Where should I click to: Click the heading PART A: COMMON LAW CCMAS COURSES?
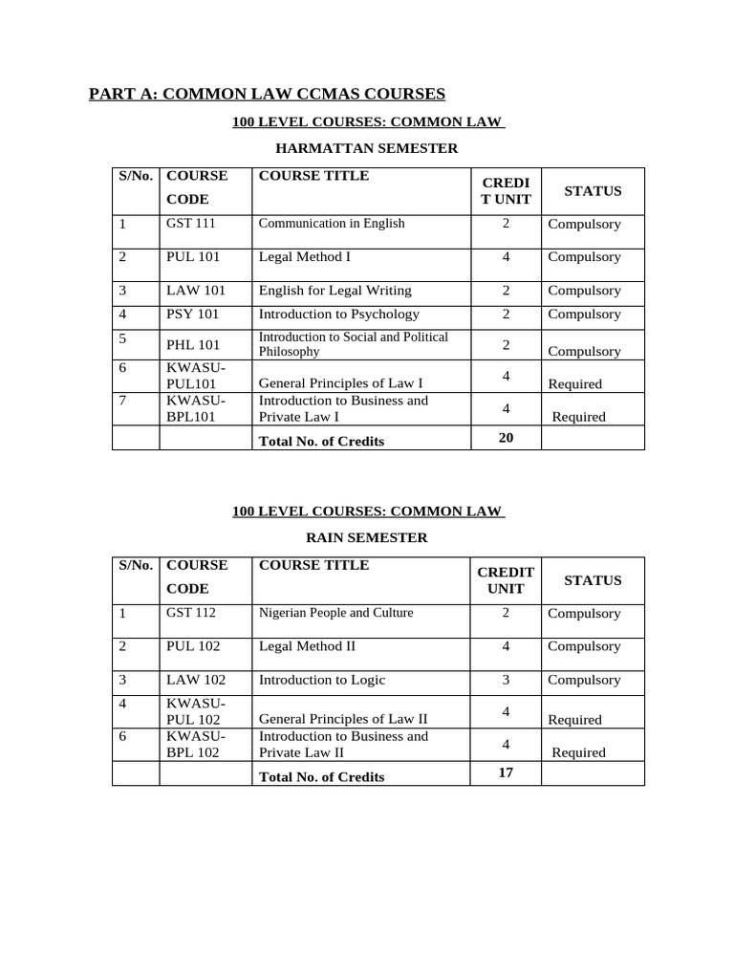pos(268,94)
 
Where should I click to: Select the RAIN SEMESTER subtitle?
pos(367,537)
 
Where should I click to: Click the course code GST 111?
pos(191,224)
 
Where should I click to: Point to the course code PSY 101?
pos(193,315)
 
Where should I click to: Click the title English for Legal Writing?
pos(335,291)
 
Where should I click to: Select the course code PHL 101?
pos(194,345)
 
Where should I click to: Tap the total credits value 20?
pos(507,437)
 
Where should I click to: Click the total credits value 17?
pos(507,772)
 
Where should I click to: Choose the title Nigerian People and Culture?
pos(335,613)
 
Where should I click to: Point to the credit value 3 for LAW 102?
pos(507,681)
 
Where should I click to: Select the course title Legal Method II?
pos(308,646)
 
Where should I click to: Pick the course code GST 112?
pos(192,613)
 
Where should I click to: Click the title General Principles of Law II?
pos(343,719)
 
